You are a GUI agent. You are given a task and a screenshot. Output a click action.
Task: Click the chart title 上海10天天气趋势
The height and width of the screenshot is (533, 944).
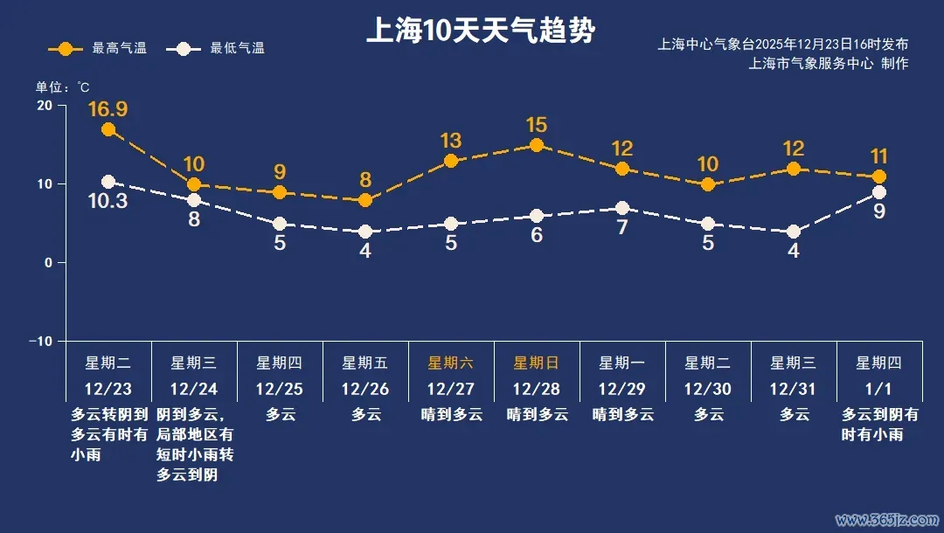pos(480,32)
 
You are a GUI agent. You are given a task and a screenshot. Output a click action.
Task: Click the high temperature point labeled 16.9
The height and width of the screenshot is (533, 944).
pos(108,129)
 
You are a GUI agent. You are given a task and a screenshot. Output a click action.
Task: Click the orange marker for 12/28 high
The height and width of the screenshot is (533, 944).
pos(537,145)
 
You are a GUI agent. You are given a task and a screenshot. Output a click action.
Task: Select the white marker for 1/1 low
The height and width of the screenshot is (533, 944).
pos(879,192)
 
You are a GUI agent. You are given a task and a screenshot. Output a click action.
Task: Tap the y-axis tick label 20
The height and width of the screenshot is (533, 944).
pos(44,106)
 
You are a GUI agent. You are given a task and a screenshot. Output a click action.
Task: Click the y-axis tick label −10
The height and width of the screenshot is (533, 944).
pos(41,341)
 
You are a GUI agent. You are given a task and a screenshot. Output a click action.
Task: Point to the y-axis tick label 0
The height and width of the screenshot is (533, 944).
pos(49,262)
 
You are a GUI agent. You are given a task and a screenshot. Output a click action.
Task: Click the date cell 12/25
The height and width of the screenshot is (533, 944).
pos(280,388)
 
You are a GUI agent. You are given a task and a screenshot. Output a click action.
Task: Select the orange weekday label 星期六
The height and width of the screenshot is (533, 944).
pos(451,363)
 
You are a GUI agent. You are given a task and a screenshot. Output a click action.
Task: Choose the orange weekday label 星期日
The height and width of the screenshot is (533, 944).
pos(537,363)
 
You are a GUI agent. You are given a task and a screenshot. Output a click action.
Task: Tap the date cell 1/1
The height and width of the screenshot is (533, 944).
pos(879,388)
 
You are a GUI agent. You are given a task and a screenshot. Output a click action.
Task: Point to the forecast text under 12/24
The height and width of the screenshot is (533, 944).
pos(194,445)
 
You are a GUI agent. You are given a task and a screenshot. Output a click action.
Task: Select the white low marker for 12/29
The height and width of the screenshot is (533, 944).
pos(622,208)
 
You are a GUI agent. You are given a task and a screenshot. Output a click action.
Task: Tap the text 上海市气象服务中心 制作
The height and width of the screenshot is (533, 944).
pos(829,63)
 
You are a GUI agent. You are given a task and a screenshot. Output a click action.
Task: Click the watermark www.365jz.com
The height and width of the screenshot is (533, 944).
pos(885,520)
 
